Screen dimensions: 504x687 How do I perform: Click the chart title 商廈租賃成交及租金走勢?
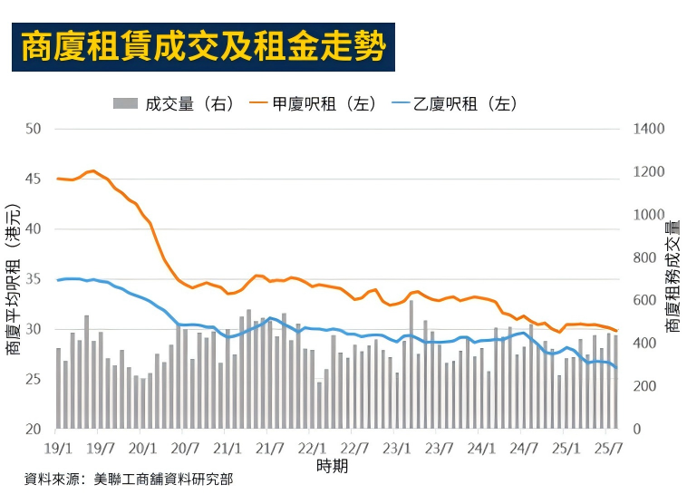click(203, 47)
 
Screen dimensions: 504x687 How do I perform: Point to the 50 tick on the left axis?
click(34, 129)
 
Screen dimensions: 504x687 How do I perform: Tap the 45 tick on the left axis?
click(34, 179)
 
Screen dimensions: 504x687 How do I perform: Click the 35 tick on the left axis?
click(34, 279)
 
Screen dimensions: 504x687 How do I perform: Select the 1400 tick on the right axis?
click(649, 129)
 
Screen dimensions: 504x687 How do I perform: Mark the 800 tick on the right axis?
click(646, 257)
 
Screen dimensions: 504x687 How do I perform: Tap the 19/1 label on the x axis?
click(58, 448)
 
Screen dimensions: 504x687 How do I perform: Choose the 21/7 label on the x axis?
click(270, 448)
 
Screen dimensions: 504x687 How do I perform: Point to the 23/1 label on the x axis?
click(397, 448)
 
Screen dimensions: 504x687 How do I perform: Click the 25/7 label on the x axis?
click(609, 448)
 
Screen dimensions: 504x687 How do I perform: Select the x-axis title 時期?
click(332, 466)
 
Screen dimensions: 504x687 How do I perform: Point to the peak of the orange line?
click(93, 170)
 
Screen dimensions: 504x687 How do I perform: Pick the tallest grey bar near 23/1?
click(411, 363)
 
